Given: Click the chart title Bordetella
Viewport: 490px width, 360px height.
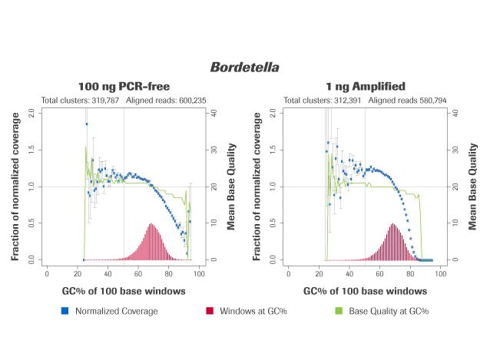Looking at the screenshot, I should [244, 68].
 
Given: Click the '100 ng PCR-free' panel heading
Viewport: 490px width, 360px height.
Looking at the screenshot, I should [124, 87].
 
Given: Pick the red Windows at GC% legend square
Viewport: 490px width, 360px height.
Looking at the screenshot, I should [209, 311].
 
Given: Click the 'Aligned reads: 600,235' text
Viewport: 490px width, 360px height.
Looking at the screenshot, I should [164, 101].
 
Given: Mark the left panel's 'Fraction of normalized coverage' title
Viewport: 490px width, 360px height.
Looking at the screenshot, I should [15, 186].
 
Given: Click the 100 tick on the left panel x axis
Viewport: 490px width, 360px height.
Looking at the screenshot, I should [198, 273].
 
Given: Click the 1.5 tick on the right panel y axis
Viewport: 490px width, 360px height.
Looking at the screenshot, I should [272, 149].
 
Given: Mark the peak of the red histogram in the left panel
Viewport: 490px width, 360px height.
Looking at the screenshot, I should [151, 225].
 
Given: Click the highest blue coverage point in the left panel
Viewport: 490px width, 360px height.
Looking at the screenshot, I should [87, 124].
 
